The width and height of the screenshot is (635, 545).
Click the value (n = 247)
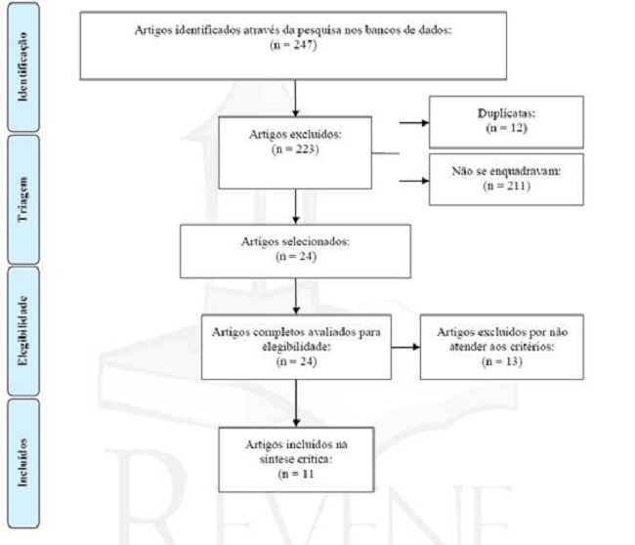pos(294,45)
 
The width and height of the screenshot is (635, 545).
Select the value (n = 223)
pos(294,150)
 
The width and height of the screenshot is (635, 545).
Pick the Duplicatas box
pos(505,120)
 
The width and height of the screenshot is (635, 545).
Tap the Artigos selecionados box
pos(294,251)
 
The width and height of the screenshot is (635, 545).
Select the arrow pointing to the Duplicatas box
pos(414,123)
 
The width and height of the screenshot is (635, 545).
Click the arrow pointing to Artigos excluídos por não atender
pos(404,348)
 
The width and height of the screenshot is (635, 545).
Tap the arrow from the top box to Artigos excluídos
pos(294,98)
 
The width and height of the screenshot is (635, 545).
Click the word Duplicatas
pos(505,113)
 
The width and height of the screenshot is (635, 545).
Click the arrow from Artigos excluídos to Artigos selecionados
pos(294,205)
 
